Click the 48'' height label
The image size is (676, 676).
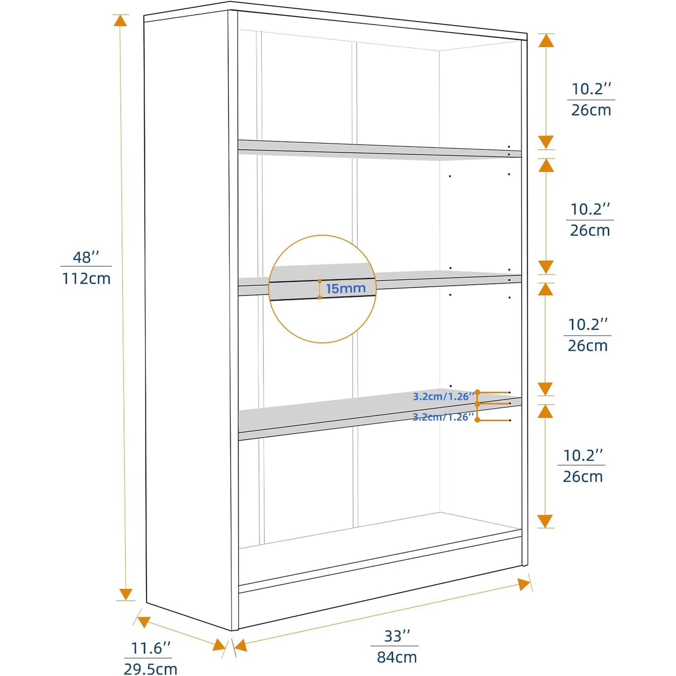86,257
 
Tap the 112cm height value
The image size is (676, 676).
86,278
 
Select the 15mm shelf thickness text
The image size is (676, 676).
346,288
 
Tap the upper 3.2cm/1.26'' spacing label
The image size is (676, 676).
443,396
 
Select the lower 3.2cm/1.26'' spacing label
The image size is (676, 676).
443,417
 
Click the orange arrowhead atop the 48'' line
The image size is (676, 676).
120,21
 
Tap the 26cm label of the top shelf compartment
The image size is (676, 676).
591,110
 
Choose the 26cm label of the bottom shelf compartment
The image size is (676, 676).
583,477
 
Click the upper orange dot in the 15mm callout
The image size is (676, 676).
320,281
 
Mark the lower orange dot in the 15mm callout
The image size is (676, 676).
320,297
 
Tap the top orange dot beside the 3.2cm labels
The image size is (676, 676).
477,392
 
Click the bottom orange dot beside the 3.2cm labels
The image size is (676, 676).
477,420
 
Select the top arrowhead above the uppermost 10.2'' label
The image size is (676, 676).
546,41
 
